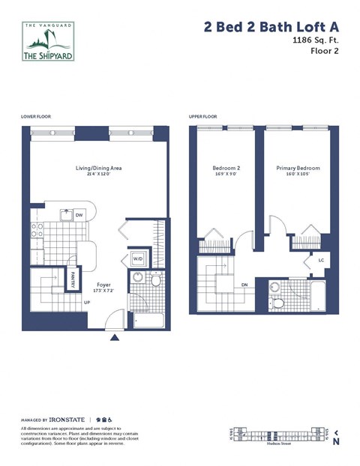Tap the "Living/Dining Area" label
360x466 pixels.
(x=94, y=169)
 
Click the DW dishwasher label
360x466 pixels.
(x=79, y=216)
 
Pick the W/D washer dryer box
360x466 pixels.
(x=138, y=259)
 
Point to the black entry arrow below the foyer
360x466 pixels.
(x=114, y=338)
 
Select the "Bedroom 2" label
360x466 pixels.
(x=226, y=169)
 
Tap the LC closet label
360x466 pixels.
(x=320, y=260)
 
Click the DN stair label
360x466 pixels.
(x=245, y=285)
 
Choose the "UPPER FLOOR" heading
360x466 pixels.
(x=202, y=118)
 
